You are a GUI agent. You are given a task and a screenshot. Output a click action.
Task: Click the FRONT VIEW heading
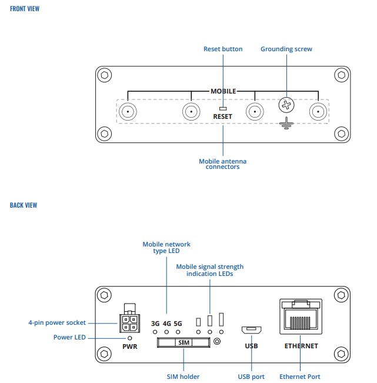coord(25,9)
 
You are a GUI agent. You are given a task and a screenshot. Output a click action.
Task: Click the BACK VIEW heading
coord(24,205)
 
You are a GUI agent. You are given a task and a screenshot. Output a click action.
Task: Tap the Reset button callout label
coord(223,49)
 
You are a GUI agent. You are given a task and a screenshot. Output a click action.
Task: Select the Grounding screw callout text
coord(286,49)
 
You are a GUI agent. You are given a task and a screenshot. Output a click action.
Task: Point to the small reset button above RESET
coord(223,108)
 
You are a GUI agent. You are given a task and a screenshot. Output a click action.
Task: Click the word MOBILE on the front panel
coord(223,91)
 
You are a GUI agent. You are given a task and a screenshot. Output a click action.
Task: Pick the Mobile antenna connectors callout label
coord(223,164)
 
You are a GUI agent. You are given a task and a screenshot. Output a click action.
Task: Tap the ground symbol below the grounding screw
coord(286,124)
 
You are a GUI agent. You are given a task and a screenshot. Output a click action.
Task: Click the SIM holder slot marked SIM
coord(183,342)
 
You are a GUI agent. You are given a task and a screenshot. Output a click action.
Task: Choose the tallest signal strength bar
coord(221,319)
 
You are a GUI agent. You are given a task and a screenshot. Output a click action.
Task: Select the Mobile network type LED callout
coord(167,248)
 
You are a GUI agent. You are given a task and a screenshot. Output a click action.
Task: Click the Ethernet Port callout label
coord(300,377)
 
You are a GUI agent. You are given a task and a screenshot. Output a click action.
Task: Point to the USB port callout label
coord(251,377)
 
